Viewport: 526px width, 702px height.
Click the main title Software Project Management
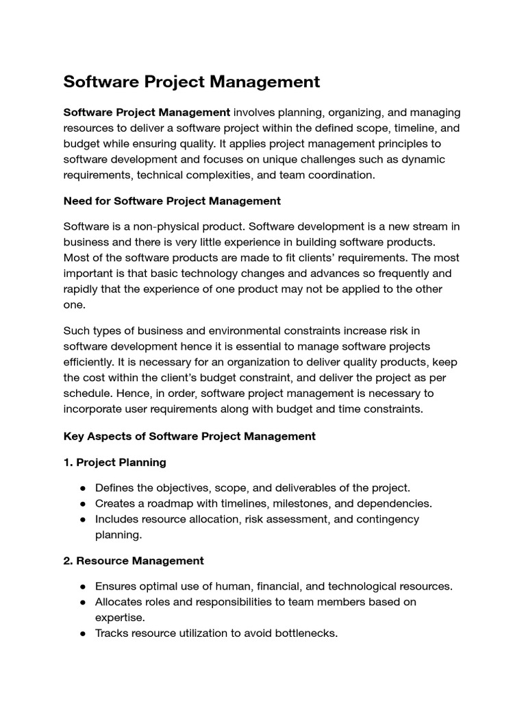pos(191,82)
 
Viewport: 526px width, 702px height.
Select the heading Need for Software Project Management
pos(172,201)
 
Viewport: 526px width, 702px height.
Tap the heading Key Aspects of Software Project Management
pos(189,436)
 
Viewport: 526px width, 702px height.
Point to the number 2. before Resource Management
pos(68,560)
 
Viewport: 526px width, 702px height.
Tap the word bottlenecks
pos(306,633)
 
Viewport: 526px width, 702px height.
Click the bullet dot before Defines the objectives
pos(83,488)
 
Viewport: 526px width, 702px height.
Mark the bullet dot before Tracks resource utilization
pos(83,633)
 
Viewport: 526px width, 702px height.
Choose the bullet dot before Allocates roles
pos(83,602)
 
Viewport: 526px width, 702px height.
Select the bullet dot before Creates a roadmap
pos(83,504)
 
